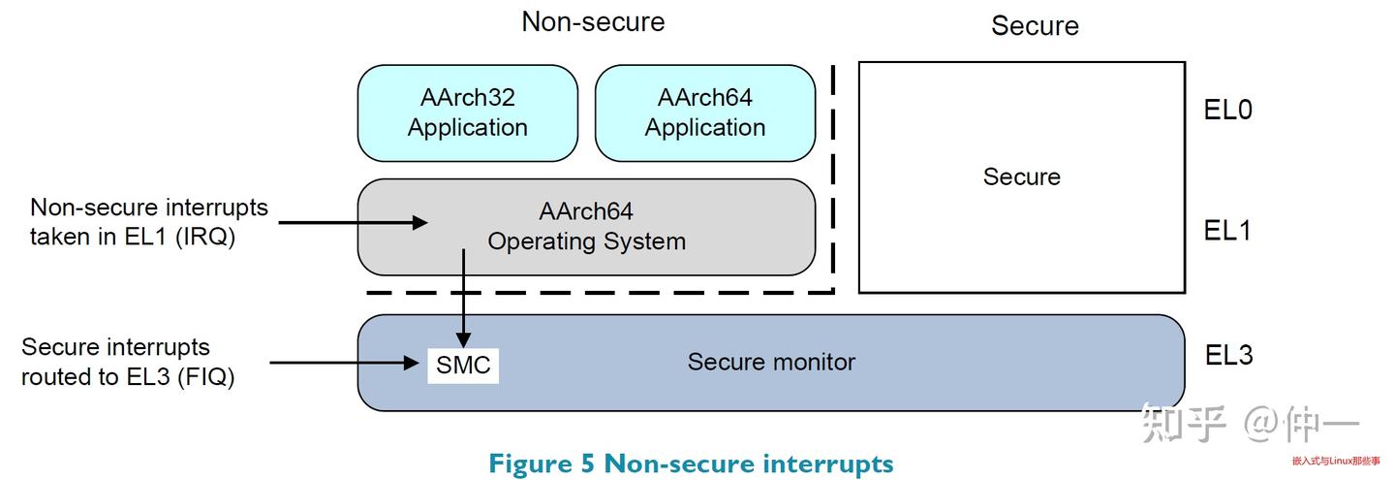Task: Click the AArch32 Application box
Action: [468, 112]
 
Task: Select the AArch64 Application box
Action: [704, 112]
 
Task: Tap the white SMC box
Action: [463, 366]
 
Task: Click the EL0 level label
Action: [1227, 111]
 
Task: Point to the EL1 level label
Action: [1227, 231]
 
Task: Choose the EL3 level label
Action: [1228, 356]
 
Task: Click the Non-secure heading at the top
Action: [593, 22]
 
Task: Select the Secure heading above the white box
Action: [1034, 26]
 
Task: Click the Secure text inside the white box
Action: [1021, 176]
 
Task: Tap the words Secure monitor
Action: [771, 363]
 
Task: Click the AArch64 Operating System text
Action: [586, 227]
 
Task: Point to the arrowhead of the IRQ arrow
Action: [419, 223]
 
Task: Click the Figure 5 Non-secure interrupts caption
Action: [691, 464]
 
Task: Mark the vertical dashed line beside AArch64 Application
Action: [833, 175]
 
